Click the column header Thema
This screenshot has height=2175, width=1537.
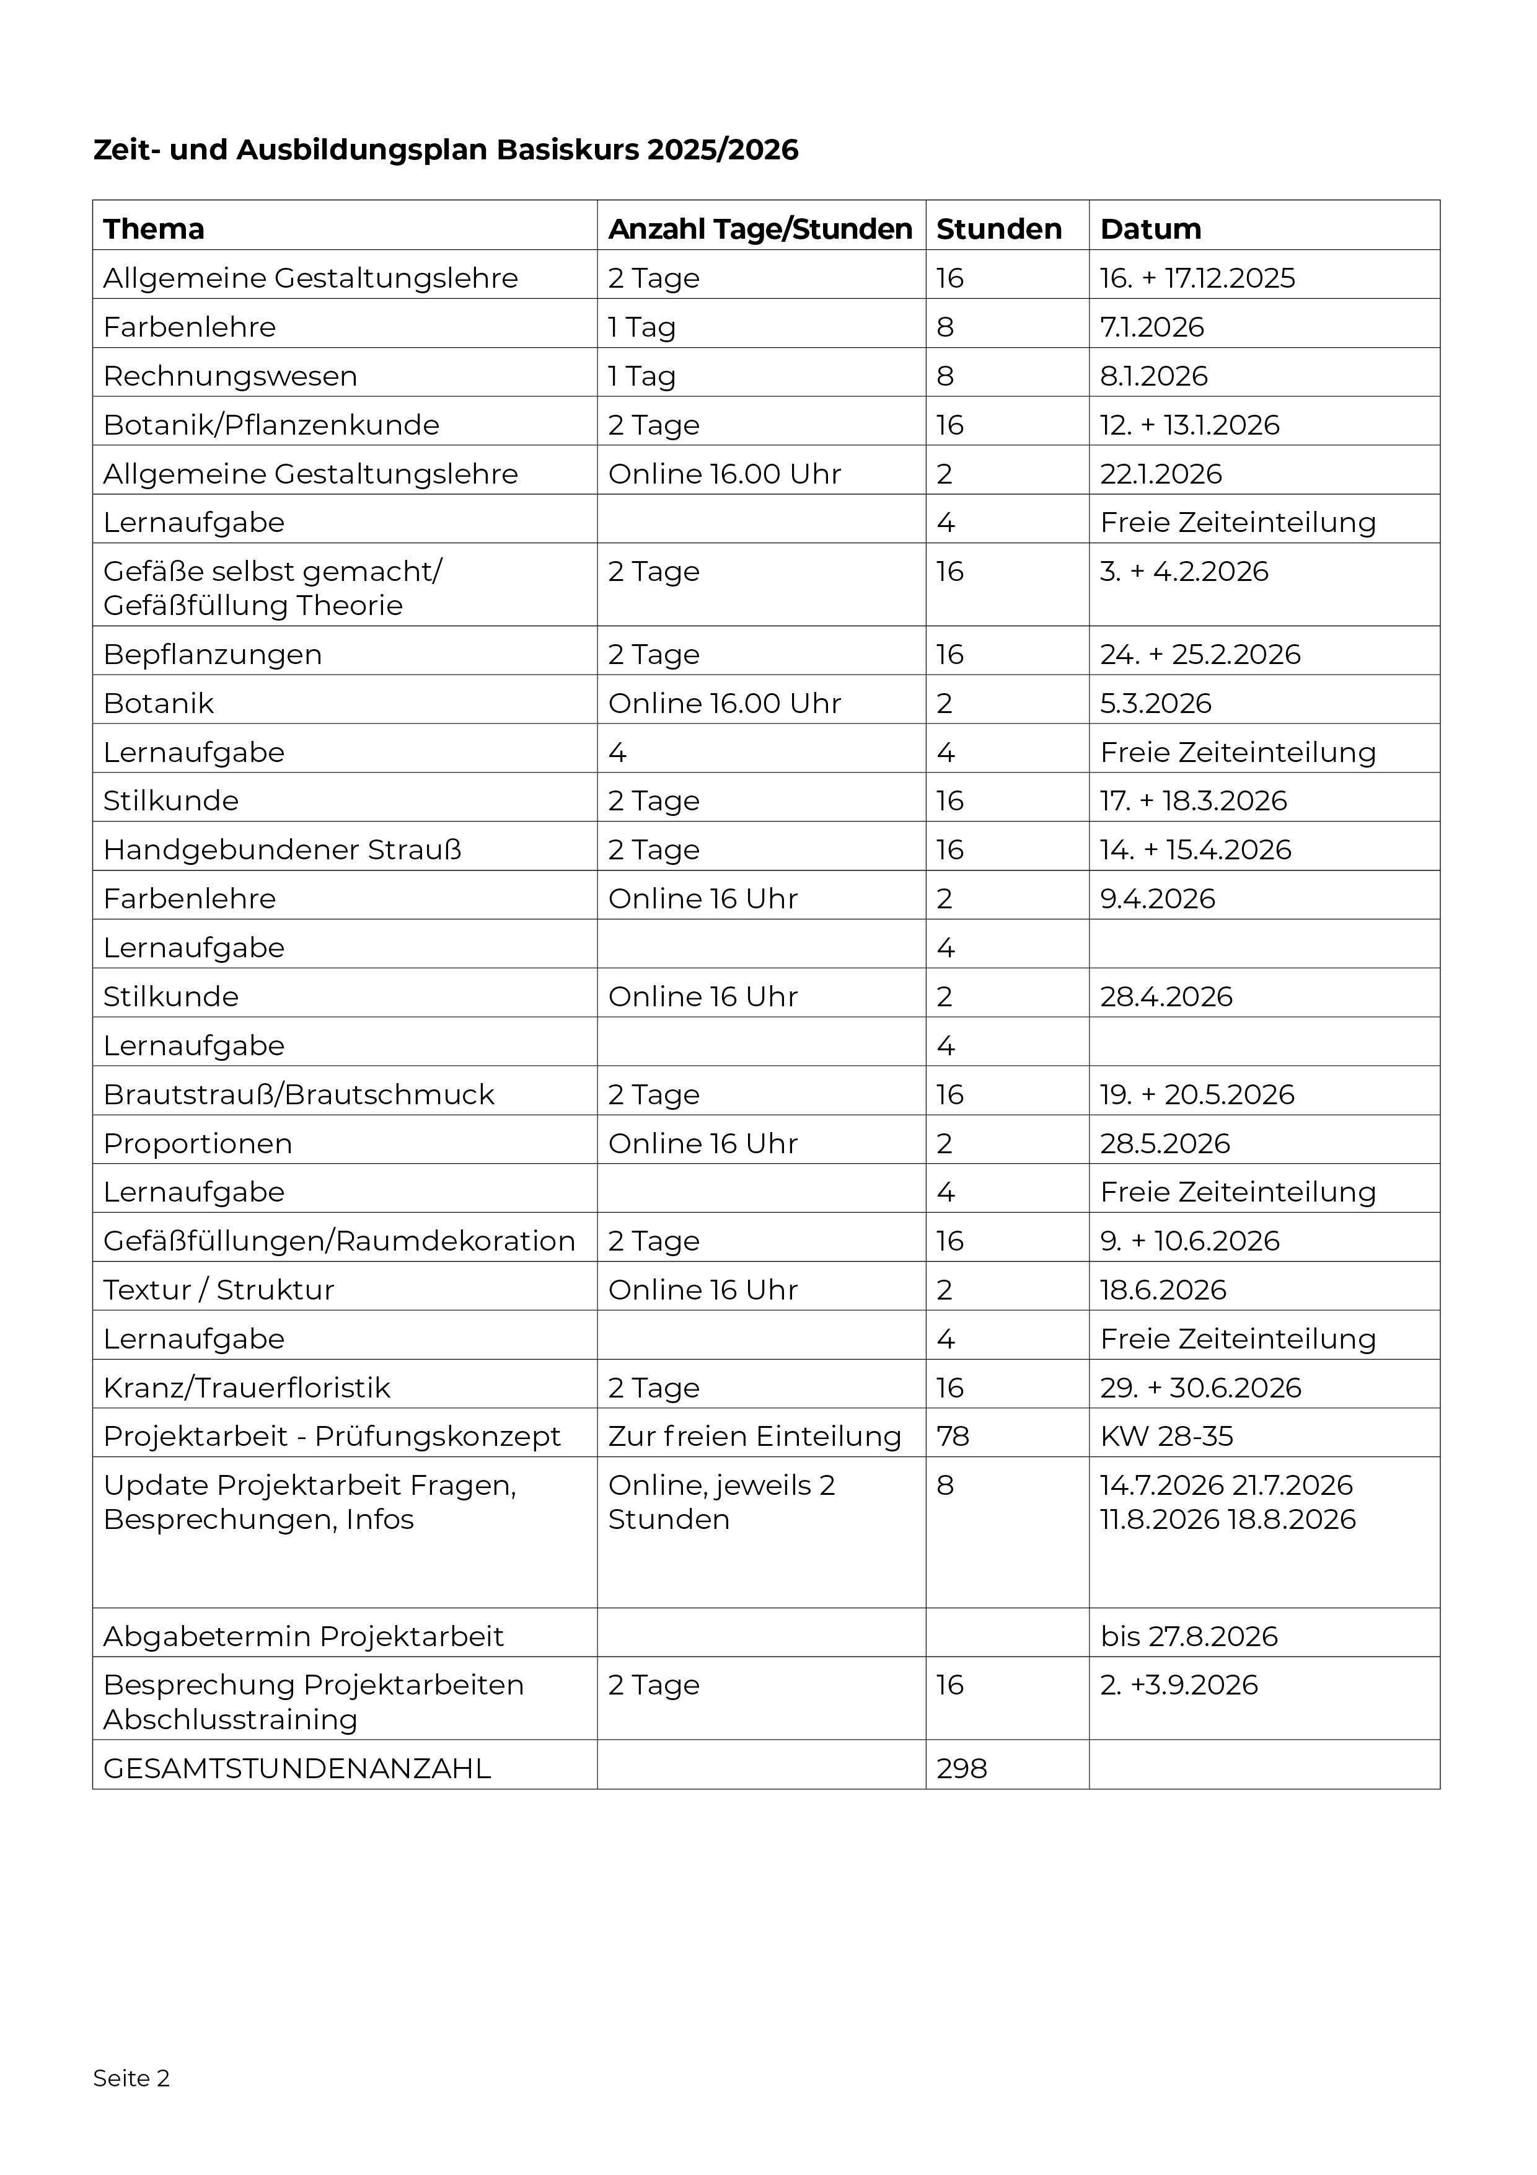(154, 229)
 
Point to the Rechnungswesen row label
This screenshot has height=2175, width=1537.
(230, 376)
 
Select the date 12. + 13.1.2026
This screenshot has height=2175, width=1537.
(1189, 425)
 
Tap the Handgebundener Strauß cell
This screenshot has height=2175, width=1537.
(282, 850)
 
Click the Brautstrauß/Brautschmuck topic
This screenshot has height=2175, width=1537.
(298, 1095)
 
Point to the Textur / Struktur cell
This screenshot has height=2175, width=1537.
(219, 1290)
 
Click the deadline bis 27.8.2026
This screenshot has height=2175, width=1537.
(1189, 1636)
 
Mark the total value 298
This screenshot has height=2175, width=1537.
(961, 1769)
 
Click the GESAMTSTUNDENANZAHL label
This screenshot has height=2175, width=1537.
(296, 1769)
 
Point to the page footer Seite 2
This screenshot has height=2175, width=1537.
(131, 2078)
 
